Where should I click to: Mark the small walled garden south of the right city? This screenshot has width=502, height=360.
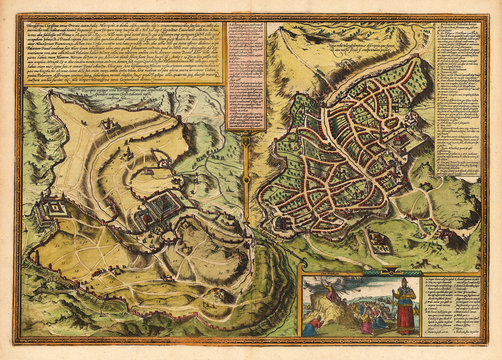tap(380, 240)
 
